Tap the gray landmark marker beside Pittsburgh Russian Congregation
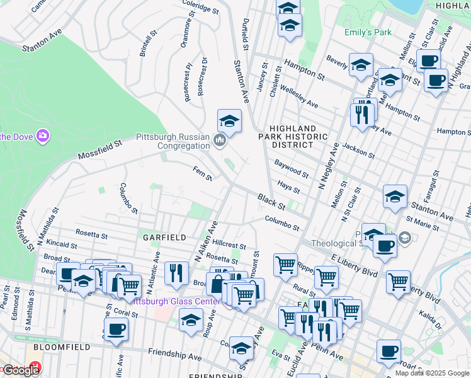[x=220, y=140]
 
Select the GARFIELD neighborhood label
[x=164, y=238]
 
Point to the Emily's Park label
[x=368, y=32]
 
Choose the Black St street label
[x=271, y=202]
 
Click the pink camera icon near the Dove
[x=42, y=135]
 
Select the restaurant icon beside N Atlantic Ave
[x=176, y=272]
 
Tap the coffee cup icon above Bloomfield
[x=116, y=328]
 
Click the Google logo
[x=20, y=370]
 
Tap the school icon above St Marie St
[x=395, y=196]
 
